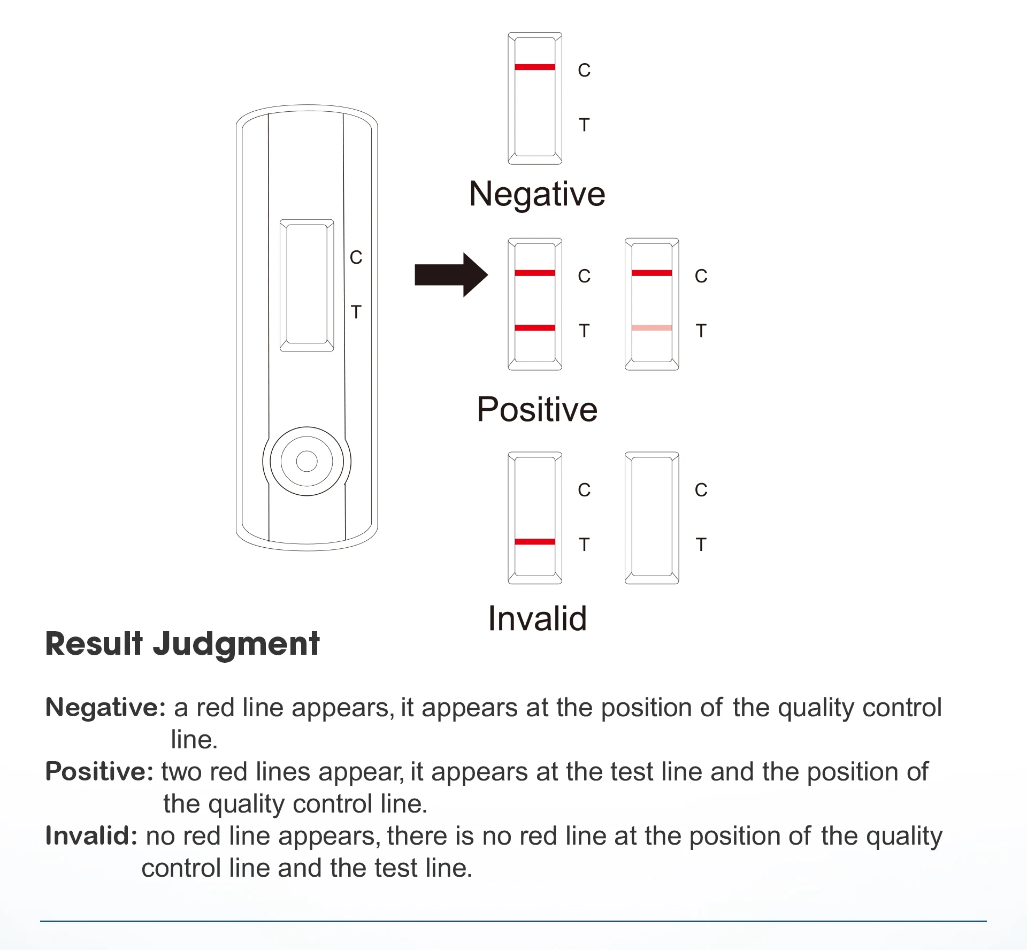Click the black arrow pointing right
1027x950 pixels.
pos(449,275)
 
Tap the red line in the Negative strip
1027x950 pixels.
pos(535,67)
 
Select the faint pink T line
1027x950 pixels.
pos(652,328)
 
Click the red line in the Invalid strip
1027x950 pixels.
pos(535,542)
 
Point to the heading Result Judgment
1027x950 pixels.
pos(182,643)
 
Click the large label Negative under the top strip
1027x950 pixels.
pos(537,194)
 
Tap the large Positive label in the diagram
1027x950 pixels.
pos(537,410)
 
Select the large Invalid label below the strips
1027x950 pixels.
pos(537,619)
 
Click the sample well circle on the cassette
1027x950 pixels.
pos(306,461)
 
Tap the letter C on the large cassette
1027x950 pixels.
pos(356,258)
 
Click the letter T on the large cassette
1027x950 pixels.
pos(356,312)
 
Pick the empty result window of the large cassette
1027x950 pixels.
pos(306,285)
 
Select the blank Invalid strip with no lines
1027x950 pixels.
pos(652,517)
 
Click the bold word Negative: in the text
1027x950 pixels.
pos(105,708)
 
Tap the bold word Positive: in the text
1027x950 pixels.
pos(99,772)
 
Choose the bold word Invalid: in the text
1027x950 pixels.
pos(91,836)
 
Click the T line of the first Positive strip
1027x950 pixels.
pos(535,328)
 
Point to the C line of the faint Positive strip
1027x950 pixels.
pos(652,273)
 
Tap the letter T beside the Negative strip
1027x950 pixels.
pos(584,125)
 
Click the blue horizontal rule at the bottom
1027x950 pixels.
pos(513,921)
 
